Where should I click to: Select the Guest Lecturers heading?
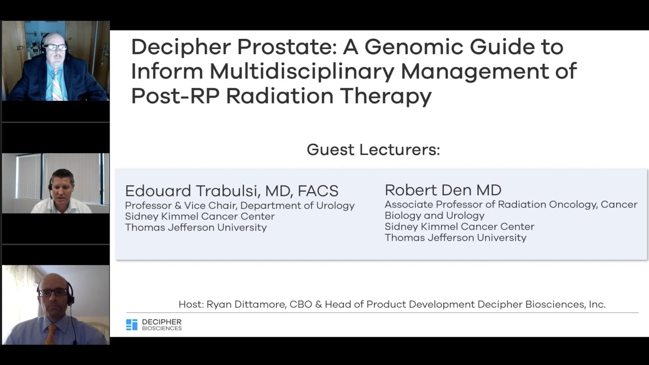click(x=373, y=150)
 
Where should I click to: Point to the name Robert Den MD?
click(x=443, y=190)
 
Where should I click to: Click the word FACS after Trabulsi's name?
click(x=318, y=191)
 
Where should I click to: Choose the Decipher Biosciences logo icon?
click(x=131, y=325)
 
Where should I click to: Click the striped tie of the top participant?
click(x=56, y=85)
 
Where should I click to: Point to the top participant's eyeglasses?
click(x=55, y=47)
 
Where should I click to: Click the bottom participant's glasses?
click(x=53, y=292)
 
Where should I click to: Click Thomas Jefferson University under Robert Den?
click(x=455, y=237)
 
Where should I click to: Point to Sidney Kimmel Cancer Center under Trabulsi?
click(x=200, y=216)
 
